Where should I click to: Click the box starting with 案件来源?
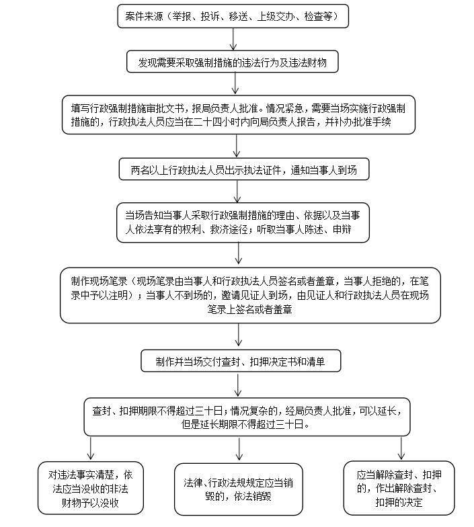tap(233, 15)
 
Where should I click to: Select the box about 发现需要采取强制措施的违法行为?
tap(233, 63)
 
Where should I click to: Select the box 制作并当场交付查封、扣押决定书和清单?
tap(241, 361)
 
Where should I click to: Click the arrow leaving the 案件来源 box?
tap(233, 39)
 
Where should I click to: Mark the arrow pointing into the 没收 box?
tap(91, 448)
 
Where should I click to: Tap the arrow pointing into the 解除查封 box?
tap(401, 448)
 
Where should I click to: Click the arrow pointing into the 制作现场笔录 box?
tap(239, 253)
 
